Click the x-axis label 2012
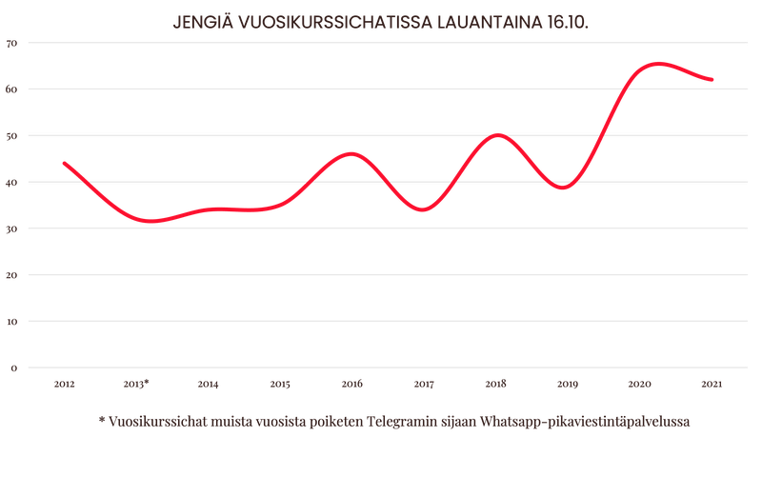pyautogui.click(x=65, y=384)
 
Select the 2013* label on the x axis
pyautogui.click(x=137, y=384)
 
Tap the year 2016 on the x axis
pyautogui.click(x=351, y=384)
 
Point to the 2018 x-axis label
pyautogui.click(x=495, y=384)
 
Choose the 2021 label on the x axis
pyautogui.click(x=711, y=384)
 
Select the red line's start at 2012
pyautogui.click(x=64, y=163)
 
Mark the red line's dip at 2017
pyautogui.click(x=424, y=210)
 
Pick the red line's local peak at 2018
pyautogui.click(x=496, y=134)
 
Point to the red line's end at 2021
pyautogui.click(x=712, y=80)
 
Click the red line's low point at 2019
pyautogui.click(x=564, y=188)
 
